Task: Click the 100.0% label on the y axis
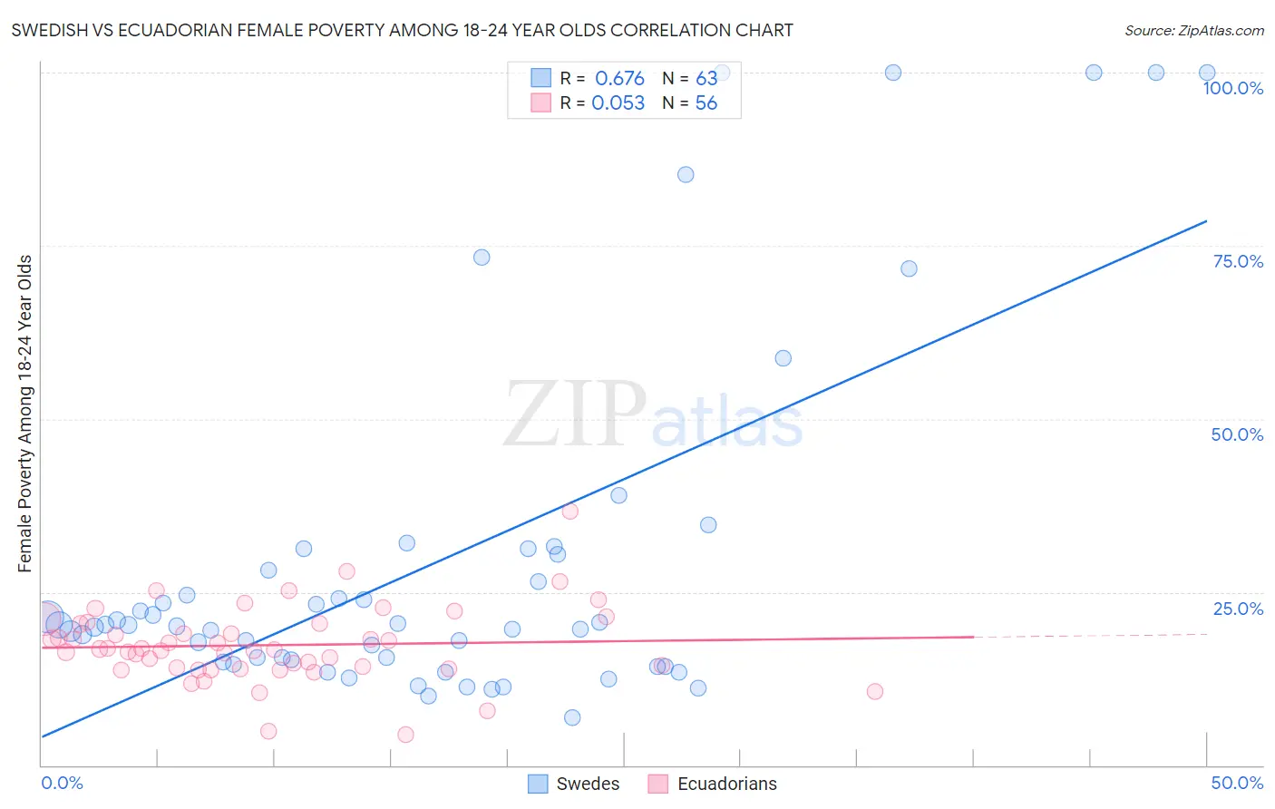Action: click(1232, 88)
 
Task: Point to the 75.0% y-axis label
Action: click(1237, 261)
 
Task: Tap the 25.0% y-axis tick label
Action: click(1237, 609)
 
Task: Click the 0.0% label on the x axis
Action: click(62, 783)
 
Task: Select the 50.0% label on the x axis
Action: click(1236, 783)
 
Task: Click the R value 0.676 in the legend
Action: click(619, 79)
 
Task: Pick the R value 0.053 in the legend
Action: click(618, 103)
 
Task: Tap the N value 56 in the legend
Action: click(706, 103)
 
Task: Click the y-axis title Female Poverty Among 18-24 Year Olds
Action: click(25, 414)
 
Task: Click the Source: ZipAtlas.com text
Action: click(1193, 31)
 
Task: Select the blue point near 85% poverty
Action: click(686, 175)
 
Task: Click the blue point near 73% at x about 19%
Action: click(482, 258)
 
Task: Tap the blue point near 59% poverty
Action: click(783, 358)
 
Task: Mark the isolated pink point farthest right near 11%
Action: click(874, 692)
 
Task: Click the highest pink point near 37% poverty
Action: click(569, 512)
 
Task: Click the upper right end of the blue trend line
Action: click(1206, 221)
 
